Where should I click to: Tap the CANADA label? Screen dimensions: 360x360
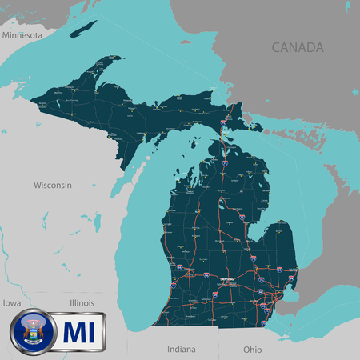click(x=298, y=47)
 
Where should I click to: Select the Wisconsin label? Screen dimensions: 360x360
click(x=52, y=185)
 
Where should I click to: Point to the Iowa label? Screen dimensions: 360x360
click(x=11, y=303)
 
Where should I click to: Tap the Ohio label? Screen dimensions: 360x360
click(x=252, y=349)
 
